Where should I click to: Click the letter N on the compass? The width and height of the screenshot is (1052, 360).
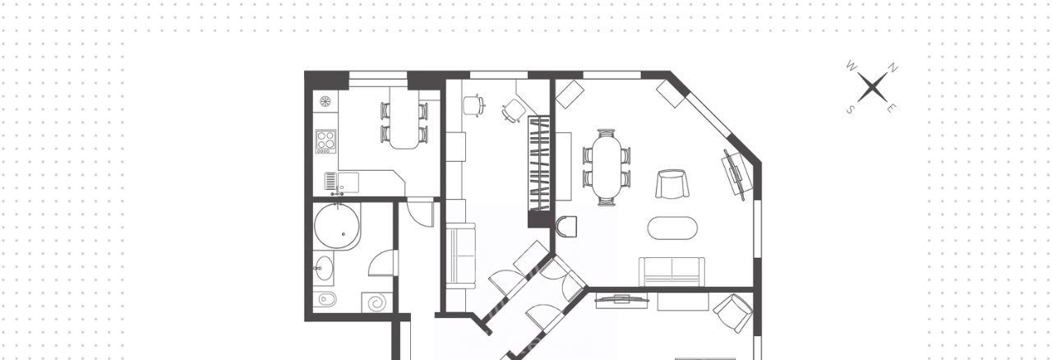tap(893, 67)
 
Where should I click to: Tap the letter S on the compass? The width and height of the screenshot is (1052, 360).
tap(850, 109)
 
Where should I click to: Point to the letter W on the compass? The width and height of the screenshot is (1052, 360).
tap(851, 66)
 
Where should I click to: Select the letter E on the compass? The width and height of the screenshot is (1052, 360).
tap(890, 108)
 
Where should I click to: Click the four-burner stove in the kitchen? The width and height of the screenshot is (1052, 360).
tap(325, 141)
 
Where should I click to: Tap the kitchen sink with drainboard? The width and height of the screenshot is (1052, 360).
tap(341, 182)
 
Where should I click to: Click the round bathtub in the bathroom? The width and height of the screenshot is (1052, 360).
tap(337, 227)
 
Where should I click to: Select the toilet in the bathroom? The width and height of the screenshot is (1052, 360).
tap(325, 299)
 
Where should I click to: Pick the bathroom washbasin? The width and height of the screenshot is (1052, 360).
tap(323, 268)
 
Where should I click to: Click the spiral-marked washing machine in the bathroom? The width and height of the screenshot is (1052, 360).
tap(376, 302)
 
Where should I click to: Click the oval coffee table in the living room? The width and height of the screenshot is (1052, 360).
tap(672, 228)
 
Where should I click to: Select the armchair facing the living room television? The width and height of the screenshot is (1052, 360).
tap(672, 184)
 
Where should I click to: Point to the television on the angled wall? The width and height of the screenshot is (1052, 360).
tap(734, 174)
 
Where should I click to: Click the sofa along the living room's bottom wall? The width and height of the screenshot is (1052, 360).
tap(672, 272)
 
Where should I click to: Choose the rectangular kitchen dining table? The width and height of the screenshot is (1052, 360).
tap(404, 118)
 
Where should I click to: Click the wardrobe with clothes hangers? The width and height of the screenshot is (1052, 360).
tap(538, 164)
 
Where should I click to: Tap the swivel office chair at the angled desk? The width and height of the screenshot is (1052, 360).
tap(514, 110)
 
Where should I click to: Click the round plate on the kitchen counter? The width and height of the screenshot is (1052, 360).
tap(325, 101)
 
